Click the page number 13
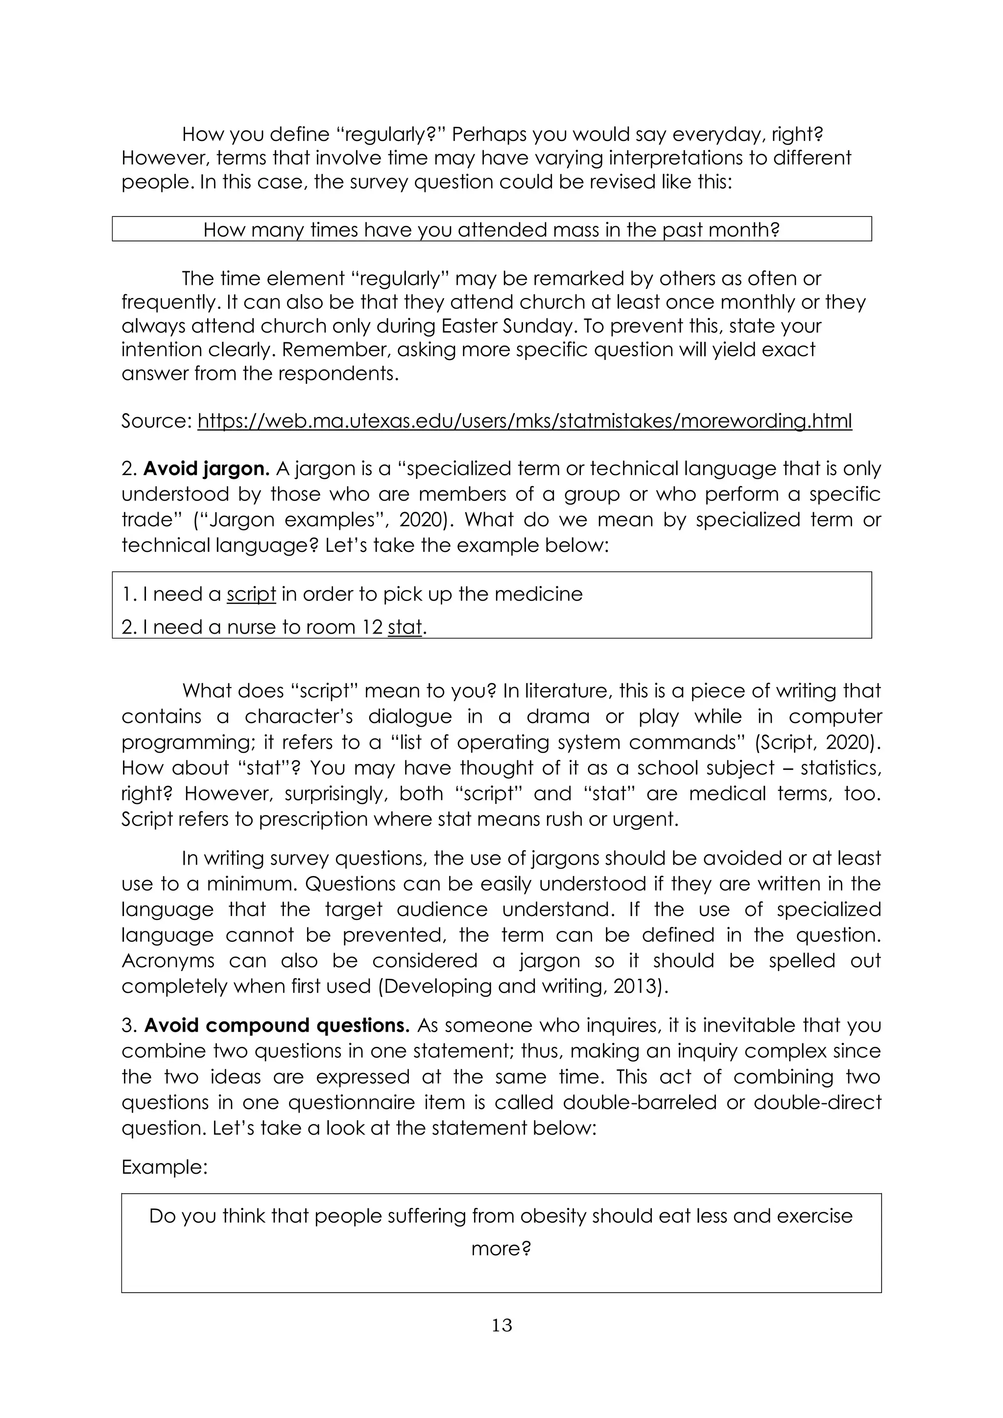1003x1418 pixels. (x=501, y=1325)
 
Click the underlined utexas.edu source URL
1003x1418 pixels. (x=525, y=421)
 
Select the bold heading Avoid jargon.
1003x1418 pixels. (x=206, y=469)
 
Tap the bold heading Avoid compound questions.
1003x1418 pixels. (x=277, y=1025)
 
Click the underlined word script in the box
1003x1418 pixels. (x=251, y=594)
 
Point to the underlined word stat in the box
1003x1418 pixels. (x=405, y=627)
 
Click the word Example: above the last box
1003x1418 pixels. (x=164, y=1167)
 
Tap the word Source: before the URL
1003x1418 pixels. (x=157, y=421)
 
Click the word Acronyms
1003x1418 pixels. (x=168, y=960)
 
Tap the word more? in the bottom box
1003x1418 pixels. (x=501, y=1248)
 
